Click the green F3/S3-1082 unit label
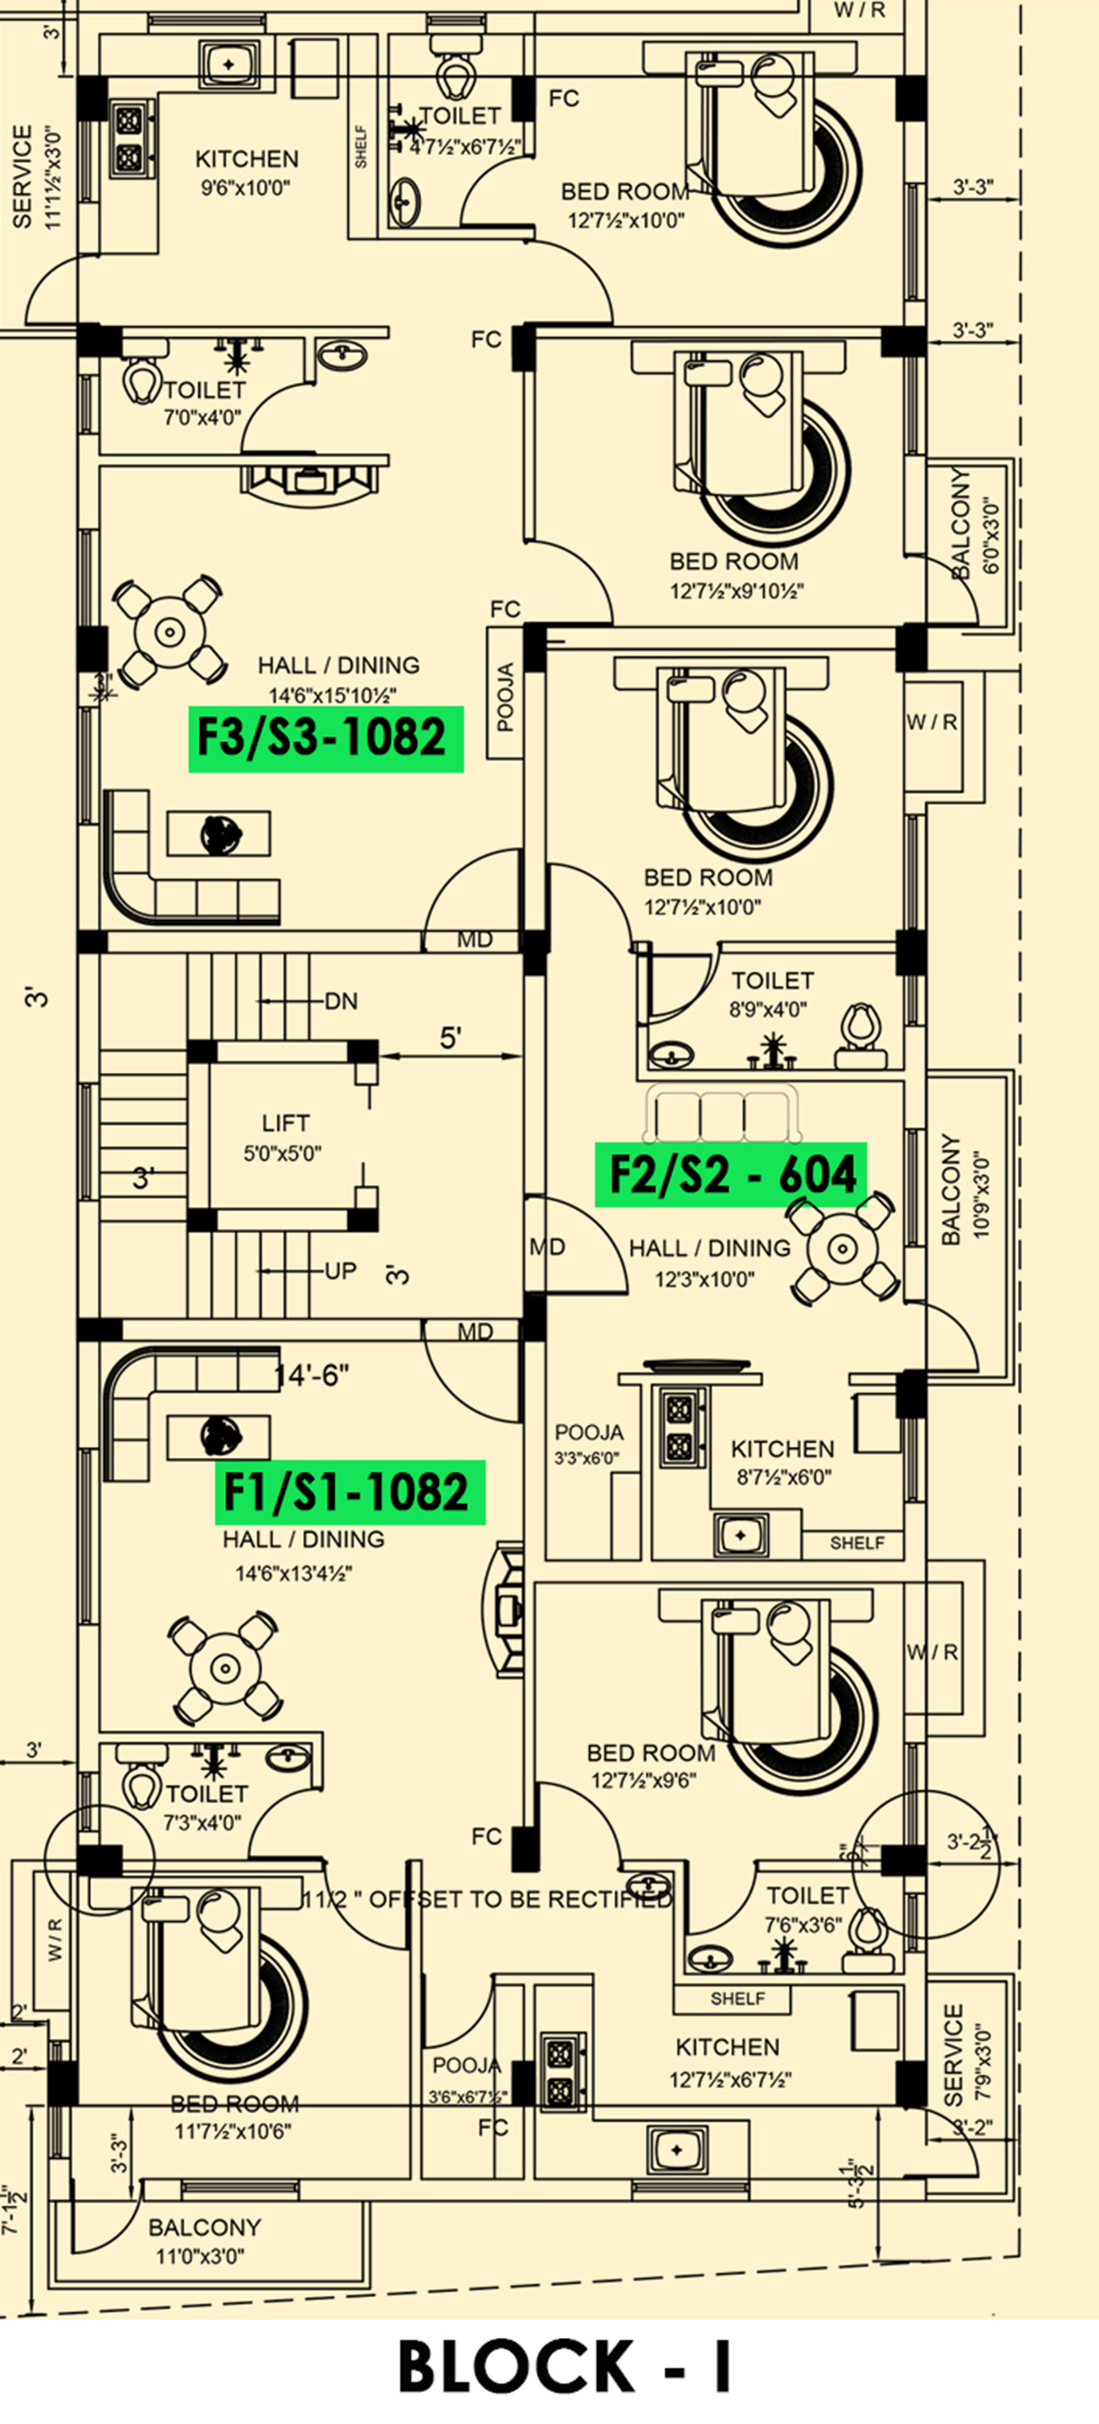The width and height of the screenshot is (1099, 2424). pos(325,739)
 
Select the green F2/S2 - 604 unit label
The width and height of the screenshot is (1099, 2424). pos(731,1174)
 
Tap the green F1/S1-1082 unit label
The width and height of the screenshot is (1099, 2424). pos(350,1492)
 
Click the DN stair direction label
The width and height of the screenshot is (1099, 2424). pos(341,1001)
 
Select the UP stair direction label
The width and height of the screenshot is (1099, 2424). pos(341,1271)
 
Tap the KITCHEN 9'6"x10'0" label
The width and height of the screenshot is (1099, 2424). pos(247,171)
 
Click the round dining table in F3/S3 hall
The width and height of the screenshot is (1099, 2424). pos(170,630)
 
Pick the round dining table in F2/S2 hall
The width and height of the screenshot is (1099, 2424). pos(842,1249)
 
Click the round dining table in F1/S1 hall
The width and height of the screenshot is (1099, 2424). pos(225,1669)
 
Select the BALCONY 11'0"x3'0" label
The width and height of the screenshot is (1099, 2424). pos(204,2241)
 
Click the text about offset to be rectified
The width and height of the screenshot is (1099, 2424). pos(488,1899)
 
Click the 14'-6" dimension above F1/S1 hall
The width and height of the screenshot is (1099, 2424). pos(312,1377)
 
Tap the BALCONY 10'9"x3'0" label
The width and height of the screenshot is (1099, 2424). pos(965,1188)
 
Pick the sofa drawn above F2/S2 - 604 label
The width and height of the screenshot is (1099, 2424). pos(721,1114)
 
